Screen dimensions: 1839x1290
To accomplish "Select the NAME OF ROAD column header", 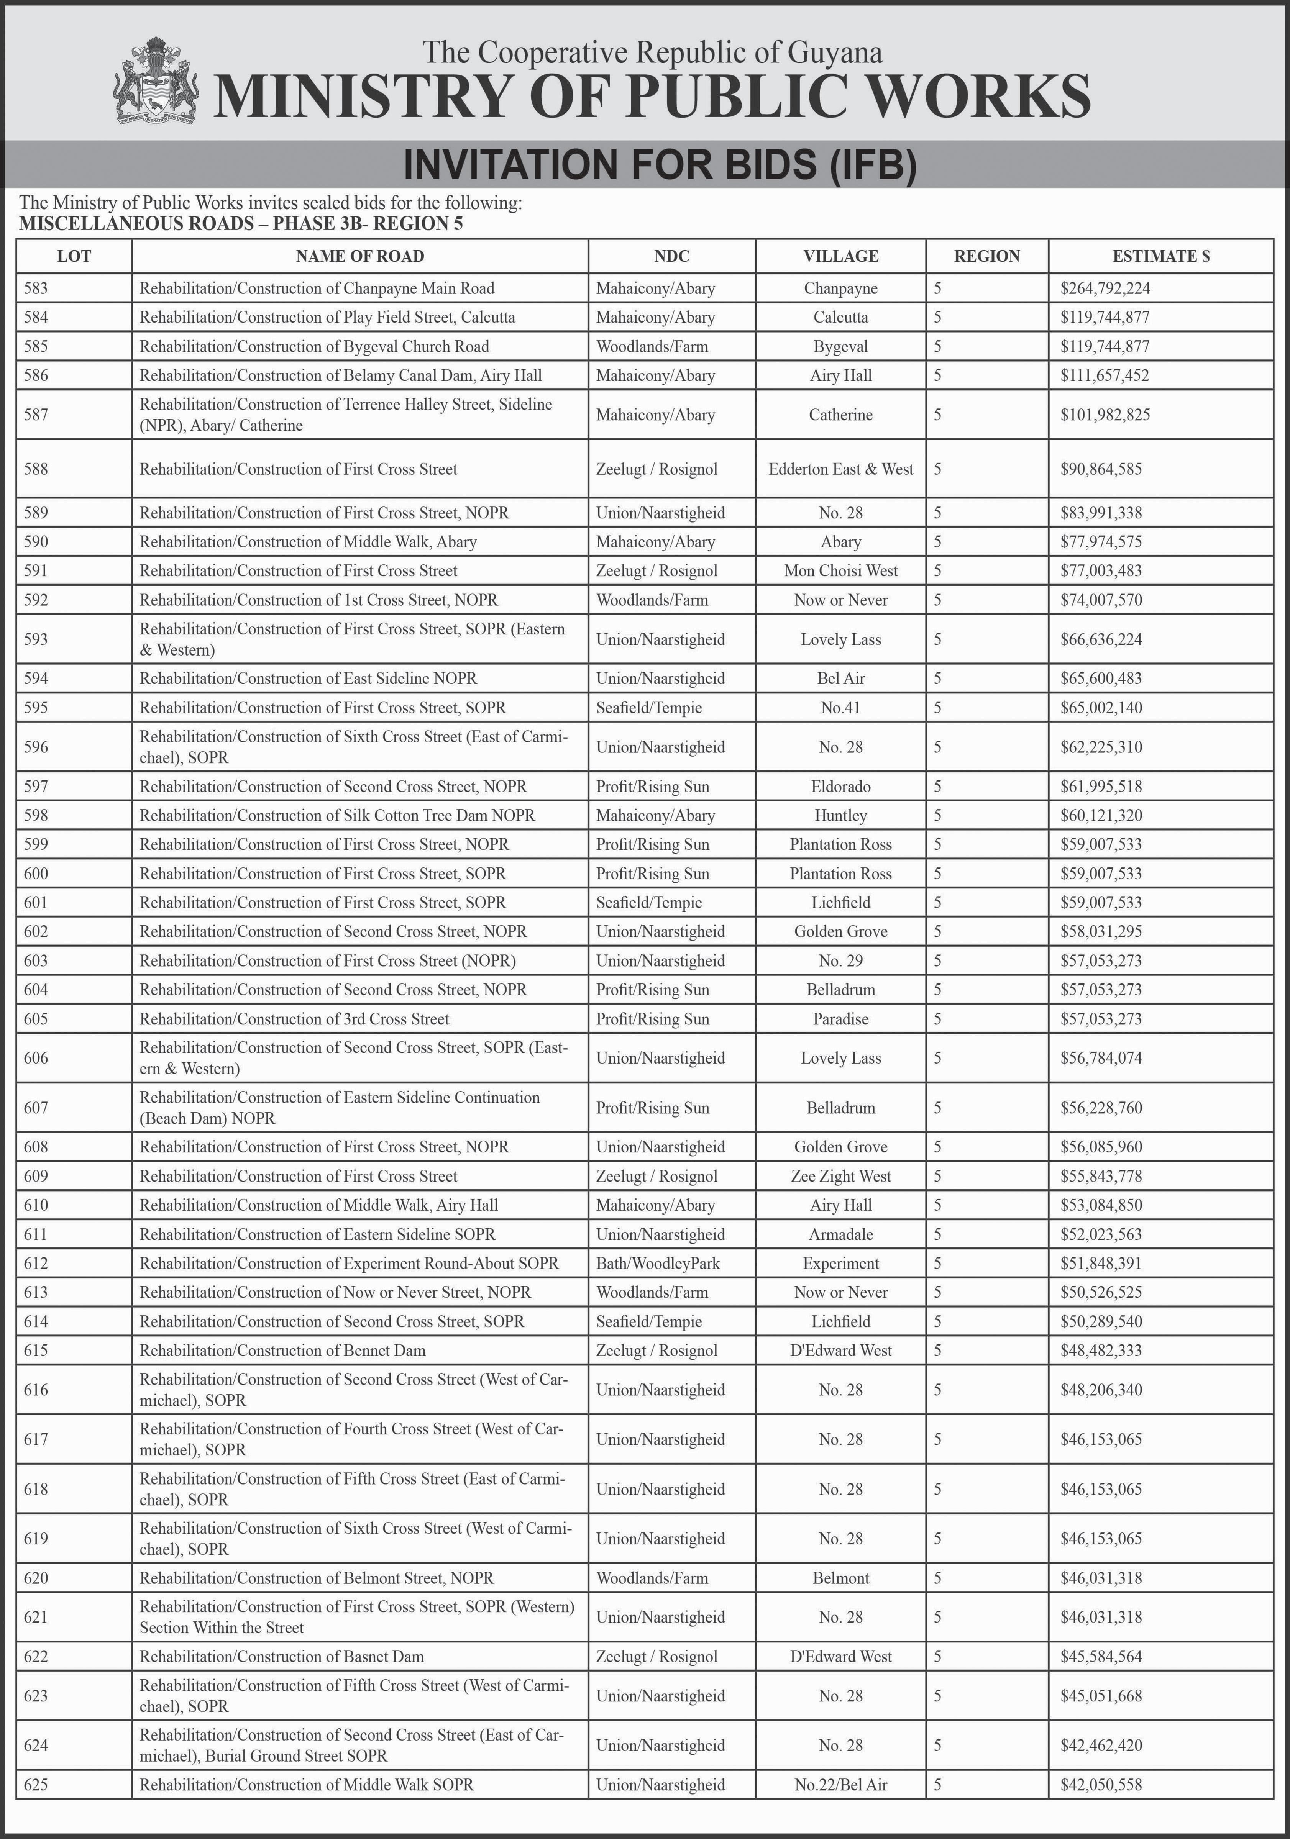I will tap(360, 256).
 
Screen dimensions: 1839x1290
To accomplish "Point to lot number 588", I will tap(36, 469).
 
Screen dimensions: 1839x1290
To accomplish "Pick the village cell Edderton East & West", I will tap(840, 469).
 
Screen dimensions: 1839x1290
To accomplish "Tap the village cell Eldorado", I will tap(840, 787).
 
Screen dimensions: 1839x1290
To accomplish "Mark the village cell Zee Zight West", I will tap(840, 1176).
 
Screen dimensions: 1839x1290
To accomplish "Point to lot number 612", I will tap(36, 1263).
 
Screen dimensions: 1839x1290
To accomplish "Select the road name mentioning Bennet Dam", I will tap(283, 1351).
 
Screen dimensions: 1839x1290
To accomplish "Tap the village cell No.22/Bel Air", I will tap(840, 1785).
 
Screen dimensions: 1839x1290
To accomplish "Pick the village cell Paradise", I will tap(840, 1019).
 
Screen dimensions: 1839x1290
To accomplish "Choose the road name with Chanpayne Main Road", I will tap(317, 288).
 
